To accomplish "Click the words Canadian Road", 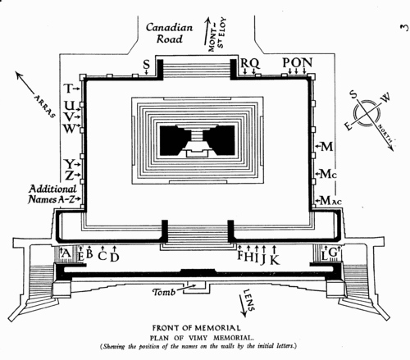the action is coord(169,34).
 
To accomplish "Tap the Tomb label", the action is coord(164,292).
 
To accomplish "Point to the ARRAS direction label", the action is coord(45,107).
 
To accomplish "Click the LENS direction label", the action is coord(249,300).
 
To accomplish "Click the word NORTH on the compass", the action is coord(385,134).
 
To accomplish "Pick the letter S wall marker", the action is coord(147,65).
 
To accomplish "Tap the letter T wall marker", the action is coord(68,89).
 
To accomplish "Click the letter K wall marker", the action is coord(275,259).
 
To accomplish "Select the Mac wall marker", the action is coord(330,201).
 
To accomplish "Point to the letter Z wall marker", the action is coord(69,175).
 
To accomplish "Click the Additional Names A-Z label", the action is coord(52,194).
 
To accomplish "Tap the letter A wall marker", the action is coord(66,254).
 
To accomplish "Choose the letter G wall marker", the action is coord(333,253).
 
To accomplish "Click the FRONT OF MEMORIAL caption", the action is coord(197,328).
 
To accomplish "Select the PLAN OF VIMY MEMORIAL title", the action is coord(202,338).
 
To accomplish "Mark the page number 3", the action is coord(405,28).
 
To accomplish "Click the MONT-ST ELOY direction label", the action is coord(216,34).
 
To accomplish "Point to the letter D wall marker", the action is coord(115,257).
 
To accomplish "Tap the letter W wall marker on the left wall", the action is coord(70,128).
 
